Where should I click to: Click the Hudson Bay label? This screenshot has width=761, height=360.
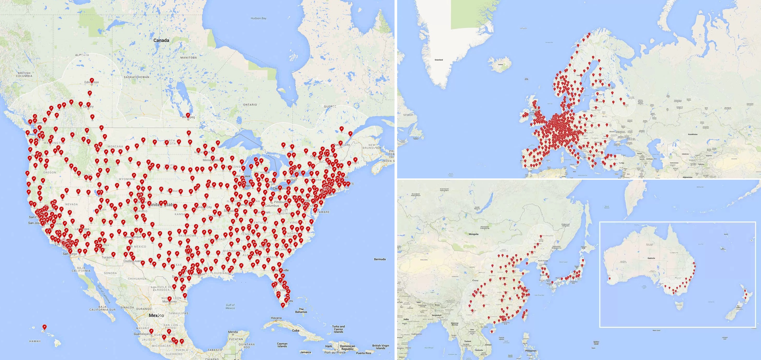[259, 18]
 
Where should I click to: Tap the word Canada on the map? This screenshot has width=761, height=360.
[161, 40]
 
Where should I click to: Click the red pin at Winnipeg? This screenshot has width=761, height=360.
[188, 115]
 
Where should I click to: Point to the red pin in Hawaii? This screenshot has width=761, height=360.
[45, 327]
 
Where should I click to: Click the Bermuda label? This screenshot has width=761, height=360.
[380, 259]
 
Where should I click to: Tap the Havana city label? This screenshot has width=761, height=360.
[276, 318]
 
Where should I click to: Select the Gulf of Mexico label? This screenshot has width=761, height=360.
[230, 306]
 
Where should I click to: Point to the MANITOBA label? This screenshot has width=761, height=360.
[188, 58]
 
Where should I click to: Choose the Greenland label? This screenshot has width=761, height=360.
[439, 60]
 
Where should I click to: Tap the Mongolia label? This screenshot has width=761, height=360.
[473, 234]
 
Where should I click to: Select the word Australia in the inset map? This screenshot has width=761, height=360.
[651, 258]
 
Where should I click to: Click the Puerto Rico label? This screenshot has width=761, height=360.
[363, 353]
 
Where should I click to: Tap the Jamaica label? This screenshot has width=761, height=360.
[305, 352]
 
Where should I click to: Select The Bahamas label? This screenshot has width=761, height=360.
[301, 310]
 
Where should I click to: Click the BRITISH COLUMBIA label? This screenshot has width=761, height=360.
[24, 74]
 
